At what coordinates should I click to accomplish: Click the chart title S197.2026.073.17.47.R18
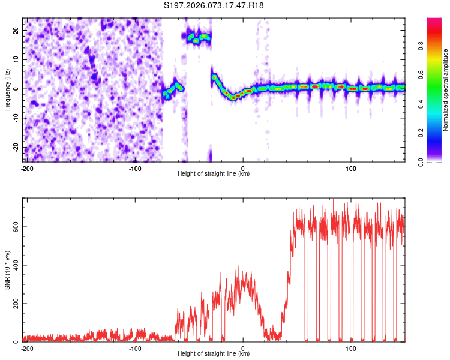coord(214,5)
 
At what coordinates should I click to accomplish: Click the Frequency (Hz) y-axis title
coord(7,89)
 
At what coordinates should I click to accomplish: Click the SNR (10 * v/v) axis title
coord(7,269)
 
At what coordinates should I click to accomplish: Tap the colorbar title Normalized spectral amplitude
coord(446,90)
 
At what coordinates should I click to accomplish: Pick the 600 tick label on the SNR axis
coord(14,226)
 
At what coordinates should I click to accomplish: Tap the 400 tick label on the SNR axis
coord(14,265)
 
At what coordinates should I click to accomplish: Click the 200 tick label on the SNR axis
coord(14,304)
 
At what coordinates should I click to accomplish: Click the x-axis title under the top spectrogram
coord(214,174)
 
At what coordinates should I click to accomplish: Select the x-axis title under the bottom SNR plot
coord(214,354)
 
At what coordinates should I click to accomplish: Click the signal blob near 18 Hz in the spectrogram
coord(198,38)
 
